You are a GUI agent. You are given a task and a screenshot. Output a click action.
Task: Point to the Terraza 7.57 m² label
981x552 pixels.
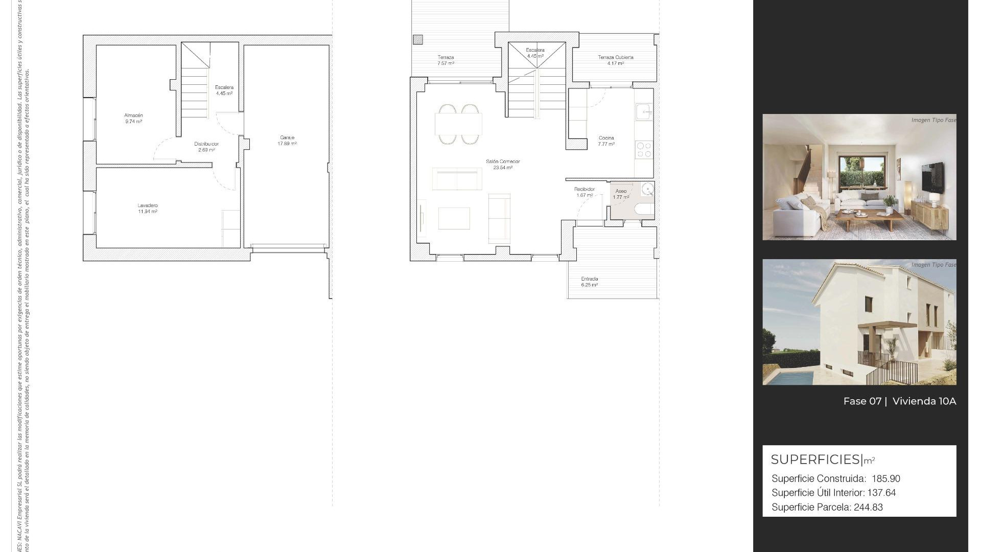tap(446, 60)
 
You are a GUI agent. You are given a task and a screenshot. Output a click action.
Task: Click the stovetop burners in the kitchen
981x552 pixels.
tap(644, 149)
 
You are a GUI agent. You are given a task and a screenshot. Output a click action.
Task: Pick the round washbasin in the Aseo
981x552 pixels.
tap(648, 190)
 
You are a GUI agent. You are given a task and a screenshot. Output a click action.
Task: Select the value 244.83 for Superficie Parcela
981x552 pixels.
tap(868, 508)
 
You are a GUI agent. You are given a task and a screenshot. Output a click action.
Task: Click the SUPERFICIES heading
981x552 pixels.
tap(815, 459)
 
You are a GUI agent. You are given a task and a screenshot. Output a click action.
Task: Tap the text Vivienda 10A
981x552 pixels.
tap(924, 401)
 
